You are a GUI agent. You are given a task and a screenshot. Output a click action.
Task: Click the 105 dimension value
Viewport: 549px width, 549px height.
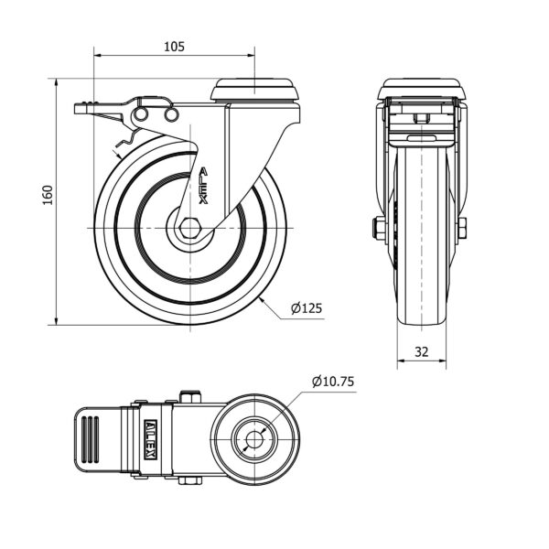[x=175, y=47]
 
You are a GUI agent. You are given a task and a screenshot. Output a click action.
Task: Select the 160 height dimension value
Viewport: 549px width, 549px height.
[x=48, y=195]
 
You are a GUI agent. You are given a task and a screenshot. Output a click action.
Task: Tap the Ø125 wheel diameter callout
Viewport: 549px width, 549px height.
[x=307, y=308]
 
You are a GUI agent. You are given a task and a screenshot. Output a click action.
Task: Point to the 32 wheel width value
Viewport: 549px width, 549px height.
[x=422, y=351]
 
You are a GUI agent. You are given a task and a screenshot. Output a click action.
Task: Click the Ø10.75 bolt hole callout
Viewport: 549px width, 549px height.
[x=333, y=382]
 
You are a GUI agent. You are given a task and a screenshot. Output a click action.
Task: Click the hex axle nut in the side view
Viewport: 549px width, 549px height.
[x=189, y=228]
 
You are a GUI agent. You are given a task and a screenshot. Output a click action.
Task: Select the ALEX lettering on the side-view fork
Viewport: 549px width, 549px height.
[x=204, y=186]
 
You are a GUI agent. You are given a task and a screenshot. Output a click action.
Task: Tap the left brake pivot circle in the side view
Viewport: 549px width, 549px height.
[x=140, y=114]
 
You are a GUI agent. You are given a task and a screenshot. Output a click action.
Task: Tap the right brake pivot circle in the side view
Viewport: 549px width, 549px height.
[x=172, y=114]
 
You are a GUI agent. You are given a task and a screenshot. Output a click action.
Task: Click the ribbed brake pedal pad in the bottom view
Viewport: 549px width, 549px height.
[x=91, y=439]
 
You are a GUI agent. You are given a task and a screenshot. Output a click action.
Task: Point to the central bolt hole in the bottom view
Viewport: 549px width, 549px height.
[x=254, y=439]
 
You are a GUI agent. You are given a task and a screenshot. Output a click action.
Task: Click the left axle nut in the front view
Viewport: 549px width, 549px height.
[x=378, y=228]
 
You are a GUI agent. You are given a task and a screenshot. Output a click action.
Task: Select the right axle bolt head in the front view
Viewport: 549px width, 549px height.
[x=462, y=228]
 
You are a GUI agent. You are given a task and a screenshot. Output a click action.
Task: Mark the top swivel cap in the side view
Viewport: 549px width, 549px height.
[x=255, y=90]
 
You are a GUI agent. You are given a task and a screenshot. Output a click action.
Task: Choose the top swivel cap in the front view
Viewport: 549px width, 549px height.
[x=422, y=89]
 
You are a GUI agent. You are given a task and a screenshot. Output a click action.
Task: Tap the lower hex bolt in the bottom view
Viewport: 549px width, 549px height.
[x=190, y=480]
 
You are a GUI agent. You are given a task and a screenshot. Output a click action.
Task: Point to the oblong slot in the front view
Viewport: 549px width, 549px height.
[x=422, y=137]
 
